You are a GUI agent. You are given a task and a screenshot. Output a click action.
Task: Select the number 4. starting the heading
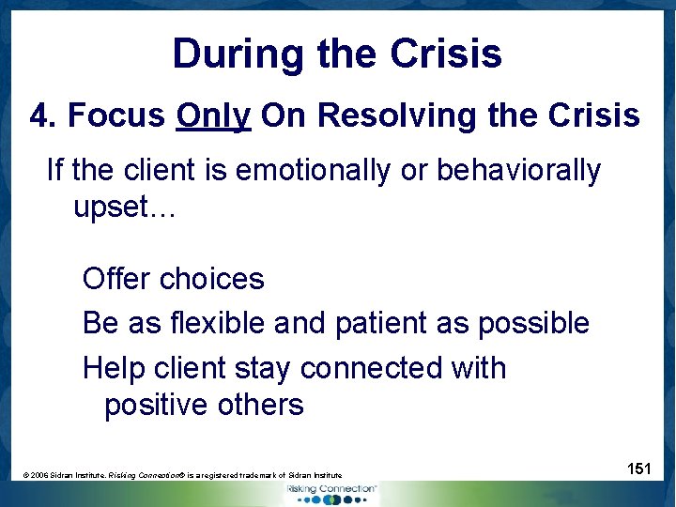44,115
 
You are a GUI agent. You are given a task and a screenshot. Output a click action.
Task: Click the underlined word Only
213,115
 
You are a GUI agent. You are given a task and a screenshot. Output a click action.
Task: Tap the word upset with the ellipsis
124,207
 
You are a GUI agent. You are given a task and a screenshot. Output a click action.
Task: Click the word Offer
117,279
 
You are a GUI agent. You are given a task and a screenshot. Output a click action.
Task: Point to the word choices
212,279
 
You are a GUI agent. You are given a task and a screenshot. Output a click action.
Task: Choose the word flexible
218,323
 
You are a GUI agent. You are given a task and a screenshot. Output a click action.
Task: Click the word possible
533,323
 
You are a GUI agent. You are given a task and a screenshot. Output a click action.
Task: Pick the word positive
157,405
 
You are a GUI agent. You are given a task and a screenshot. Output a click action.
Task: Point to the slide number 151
638,469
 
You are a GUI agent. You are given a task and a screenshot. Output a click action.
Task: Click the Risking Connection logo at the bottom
332,494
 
